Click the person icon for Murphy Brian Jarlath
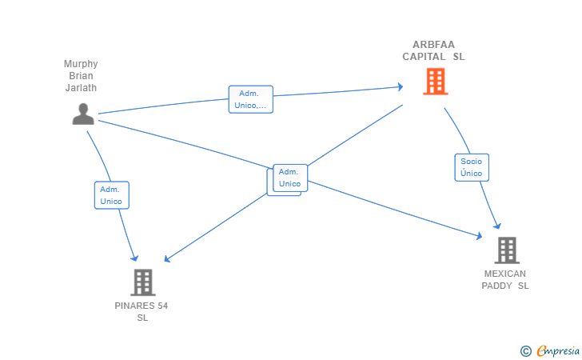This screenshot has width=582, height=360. coord(83,114)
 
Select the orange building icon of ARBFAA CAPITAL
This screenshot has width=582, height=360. coord(435,82)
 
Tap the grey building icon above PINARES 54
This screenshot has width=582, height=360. coord(142,282)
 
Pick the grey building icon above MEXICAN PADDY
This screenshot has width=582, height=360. coord(506,250)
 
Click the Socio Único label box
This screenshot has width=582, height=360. coord(472,167)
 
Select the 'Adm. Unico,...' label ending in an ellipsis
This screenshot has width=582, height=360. coord(250,99)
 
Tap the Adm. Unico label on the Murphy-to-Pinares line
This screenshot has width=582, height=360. coord(111,195)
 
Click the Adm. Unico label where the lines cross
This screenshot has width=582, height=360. coord(289,178)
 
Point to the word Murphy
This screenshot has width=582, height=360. coord(81,64)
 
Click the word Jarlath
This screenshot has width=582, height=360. coord(81,88)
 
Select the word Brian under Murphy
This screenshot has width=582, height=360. coord(81,76)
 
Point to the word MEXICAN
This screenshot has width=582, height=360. coord(505,274)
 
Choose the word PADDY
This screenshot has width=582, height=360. coord(497,286)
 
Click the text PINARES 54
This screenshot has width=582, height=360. coord(142,306)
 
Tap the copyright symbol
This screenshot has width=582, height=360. coord(525,350)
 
